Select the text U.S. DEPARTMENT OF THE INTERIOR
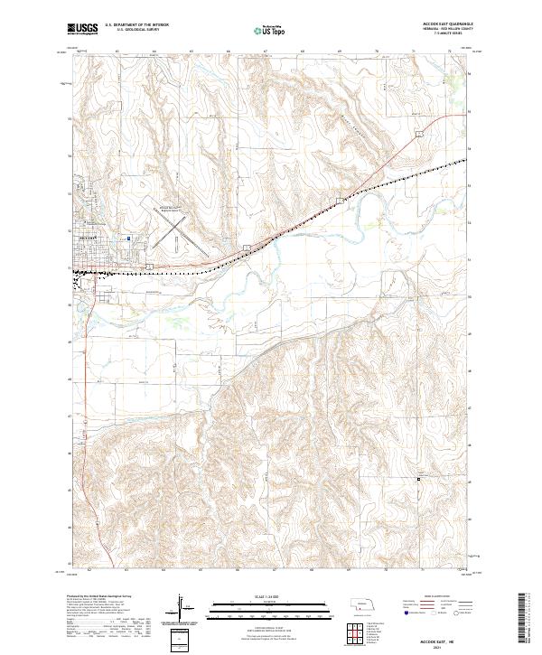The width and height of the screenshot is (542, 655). (x=136, y=26)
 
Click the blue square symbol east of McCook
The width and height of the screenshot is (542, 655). (x=129, y=239)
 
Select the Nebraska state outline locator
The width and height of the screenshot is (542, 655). (x=365, y=604)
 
